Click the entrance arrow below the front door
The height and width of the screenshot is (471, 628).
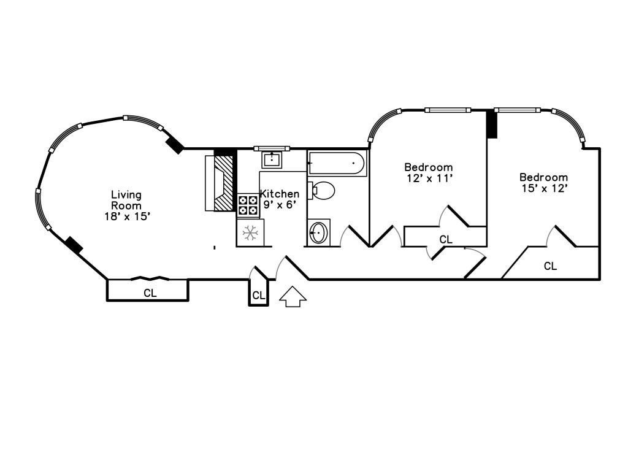click(293, 297)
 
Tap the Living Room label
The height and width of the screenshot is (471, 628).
click(126, 201)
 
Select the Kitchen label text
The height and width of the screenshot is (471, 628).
click(280, 194)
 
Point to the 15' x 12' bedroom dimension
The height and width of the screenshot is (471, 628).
click(545, 188)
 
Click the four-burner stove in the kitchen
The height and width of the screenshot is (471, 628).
click(248, 205)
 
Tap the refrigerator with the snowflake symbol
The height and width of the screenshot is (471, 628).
click(250, 232)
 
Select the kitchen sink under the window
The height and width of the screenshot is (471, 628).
click(272, 160)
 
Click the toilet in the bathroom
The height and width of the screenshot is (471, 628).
click(321, 191)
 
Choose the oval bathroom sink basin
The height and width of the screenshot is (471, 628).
click(318, 232)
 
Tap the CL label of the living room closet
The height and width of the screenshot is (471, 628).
click(150, 293)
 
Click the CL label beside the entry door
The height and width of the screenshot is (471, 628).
click(259, 296)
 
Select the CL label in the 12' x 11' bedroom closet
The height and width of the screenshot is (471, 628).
click(446, 240)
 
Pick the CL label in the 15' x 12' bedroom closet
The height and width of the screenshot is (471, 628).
click(550, 266)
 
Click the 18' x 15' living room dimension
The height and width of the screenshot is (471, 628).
click(128, 216)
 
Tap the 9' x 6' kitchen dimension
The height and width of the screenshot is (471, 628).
click(280, 205)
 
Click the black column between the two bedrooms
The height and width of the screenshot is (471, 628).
click(492, 124)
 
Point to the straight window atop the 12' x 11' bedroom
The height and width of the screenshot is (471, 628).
click(448, 110)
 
